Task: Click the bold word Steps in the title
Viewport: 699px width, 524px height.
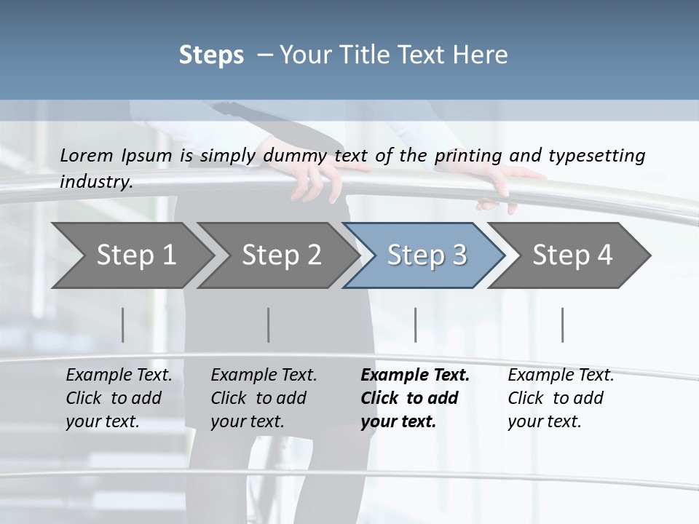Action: pyautogui.click(x=211, y=55)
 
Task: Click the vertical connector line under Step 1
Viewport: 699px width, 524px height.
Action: pyautogui.click(x=123, y=325)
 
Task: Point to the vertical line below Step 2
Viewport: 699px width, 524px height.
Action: pyautogui.click(x=269, y=325)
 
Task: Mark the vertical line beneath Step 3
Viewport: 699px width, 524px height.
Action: pyautogui.click(x=416, y=325)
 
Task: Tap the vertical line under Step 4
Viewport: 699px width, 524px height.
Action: pyautogui.click(x=563, y=325)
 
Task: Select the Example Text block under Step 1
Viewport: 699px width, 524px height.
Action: pyautogui.click(x=119, y=398)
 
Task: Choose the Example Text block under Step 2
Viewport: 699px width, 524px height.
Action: pyautogui.click(x=264, y=398)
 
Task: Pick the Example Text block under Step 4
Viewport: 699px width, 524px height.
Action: pyautogui.click(x=561, y=398)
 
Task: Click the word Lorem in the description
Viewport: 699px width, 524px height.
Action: pyautogui.click(x=87, y=155)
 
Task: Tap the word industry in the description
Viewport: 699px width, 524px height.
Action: pyautogui.click(x=96, y=181)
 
